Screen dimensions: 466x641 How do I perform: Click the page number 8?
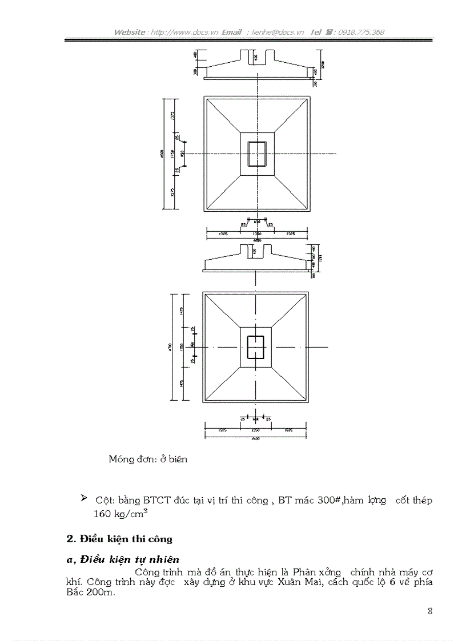[x=430, y=611]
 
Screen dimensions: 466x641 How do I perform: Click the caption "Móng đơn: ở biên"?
[x=148, y=459]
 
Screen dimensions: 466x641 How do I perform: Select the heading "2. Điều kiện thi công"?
[x=119, y=538]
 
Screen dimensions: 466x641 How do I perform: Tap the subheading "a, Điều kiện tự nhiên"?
[x=123, y=559]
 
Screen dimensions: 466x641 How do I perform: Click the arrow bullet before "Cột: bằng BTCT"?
[x=85, y=499]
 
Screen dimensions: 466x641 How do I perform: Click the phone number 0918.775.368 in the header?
[x=361, y=32]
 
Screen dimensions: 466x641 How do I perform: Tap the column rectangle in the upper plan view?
[x=258, y=154]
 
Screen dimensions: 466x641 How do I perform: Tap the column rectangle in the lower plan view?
[x=256, y=347]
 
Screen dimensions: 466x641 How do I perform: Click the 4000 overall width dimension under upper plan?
[x=257, y=240]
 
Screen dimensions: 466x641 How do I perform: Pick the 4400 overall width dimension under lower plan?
[x=256, y=438]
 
